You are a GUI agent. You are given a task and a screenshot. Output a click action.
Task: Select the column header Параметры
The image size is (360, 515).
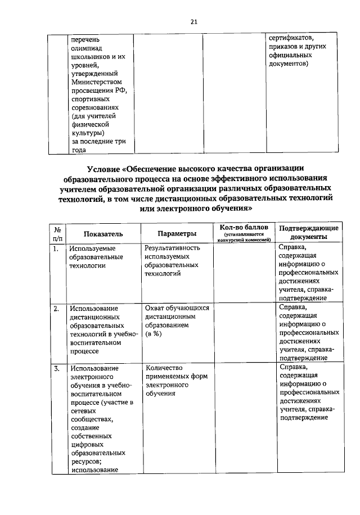click(177, 233)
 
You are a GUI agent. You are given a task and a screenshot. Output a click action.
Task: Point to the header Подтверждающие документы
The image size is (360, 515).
click(308, 232)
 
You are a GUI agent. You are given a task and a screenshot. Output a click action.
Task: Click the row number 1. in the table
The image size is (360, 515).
click(56, 247)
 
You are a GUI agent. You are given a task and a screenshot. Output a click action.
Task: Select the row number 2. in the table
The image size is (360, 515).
click(56, 308)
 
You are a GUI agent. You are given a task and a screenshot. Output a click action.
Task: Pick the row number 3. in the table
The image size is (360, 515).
click(56, 369)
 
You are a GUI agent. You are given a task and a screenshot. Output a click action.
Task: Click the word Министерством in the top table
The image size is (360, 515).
click(97, 83)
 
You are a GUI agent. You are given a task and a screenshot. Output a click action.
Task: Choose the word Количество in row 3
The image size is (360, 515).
click(163, 368)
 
